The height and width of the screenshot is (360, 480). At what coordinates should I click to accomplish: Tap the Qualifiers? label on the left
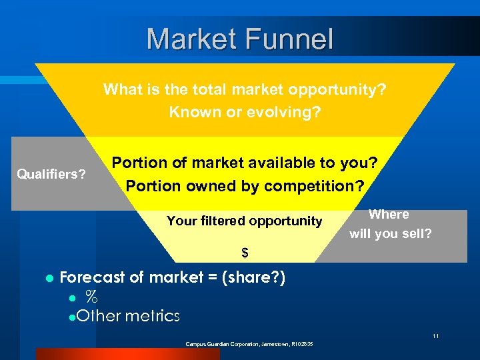[x=51, y=175]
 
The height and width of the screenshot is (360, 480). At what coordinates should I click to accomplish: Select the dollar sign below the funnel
[x=245, y=253]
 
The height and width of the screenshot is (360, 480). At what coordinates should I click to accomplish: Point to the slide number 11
[x=435, y=336]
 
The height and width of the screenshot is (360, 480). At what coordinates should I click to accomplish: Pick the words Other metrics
[x=128, y=316]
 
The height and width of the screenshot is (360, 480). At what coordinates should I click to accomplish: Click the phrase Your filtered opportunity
[x=244, y=221]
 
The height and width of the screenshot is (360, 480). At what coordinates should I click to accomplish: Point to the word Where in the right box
[x=389, y=215]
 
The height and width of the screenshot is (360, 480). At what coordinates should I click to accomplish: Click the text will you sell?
[x=390, y=233]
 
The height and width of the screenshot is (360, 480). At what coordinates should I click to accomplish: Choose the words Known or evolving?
[x=245, y=112]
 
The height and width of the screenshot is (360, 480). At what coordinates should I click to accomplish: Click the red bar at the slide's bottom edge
[x=127, y=354]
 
